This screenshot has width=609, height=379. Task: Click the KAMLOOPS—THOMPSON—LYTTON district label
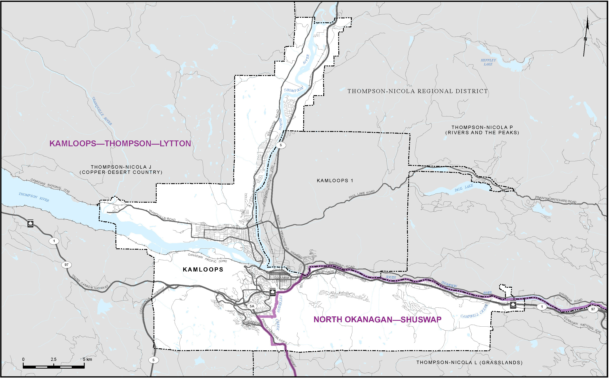tap(120, 144)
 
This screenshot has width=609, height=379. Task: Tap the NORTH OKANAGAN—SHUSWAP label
tap(377, 320)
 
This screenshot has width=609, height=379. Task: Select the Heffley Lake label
tap(488, 62)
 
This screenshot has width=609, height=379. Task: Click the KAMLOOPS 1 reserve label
tap(335, 181)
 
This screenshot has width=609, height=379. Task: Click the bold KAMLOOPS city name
tap(203, 270)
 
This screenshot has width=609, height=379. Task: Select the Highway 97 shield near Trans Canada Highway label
tap(66, 265)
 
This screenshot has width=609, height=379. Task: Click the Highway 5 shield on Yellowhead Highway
tap(281, 145)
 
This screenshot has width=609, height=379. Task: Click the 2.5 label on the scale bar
tap(54, 359)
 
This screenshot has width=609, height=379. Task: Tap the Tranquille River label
tap(102, 111)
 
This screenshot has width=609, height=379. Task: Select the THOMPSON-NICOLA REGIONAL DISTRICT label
tap(417, 91)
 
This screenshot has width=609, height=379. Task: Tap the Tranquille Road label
tap(162, 216)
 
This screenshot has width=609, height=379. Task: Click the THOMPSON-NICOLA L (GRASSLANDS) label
tap(469, 363)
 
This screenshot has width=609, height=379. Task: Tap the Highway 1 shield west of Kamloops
tap(54, 241)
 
